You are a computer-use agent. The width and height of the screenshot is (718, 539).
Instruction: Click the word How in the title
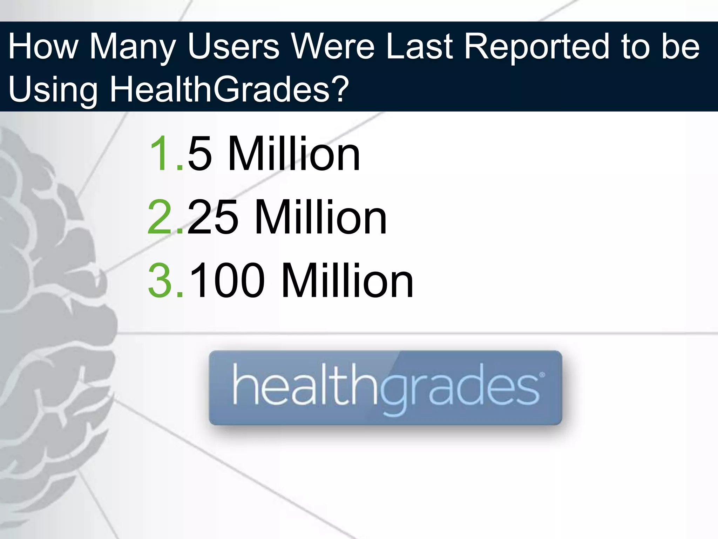click(x=43, y=46)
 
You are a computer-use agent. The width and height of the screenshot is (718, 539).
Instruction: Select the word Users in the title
click(x=233, y=46)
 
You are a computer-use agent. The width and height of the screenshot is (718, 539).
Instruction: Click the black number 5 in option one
click(x=200, y=154)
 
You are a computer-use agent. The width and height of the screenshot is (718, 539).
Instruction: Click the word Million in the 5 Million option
click(x=294, y=154)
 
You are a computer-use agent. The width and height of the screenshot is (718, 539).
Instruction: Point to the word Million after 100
click(x=347, y=281)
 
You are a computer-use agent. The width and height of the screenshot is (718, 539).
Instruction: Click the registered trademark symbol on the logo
click(x=542, y=375)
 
